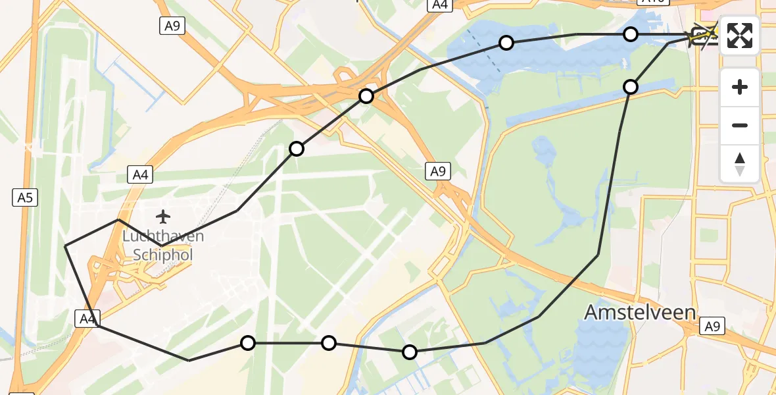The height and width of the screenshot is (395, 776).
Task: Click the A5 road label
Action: (x=26, y=197)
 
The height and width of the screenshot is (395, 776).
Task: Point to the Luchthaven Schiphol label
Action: (x=162, y=245)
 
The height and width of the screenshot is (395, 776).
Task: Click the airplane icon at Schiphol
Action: (x=162, y=215)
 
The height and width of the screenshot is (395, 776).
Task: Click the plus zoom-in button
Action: (x=740, y=87)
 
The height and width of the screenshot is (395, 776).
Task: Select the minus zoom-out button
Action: (x=740, y=125)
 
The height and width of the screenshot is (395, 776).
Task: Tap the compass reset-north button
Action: (x=740, y=163)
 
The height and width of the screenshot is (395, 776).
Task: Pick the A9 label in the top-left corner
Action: (x=172, y=26)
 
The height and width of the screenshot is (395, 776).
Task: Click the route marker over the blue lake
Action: (x=506, y=43)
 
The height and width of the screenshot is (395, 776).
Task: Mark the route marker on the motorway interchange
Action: (x=366, y=96)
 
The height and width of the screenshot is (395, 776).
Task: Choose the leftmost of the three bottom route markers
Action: (x=248, y=342)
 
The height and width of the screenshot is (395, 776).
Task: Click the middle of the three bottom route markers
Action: (x=329, y=342)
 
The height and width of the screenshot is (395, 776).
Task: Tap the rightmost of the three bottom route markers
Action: (x=410, y=352)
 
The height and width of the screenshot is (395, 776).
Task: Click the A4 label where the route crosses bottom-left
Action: (x=87, y=319)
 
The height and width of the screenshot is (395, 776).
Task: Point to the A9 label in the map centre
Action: (x=438, y=172)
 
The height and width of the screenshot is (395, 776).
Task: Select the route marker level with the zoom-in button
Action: (x=631, y=86)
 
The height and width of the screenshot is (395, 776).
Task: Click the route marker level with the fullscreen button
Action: (x=631, y=34)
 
